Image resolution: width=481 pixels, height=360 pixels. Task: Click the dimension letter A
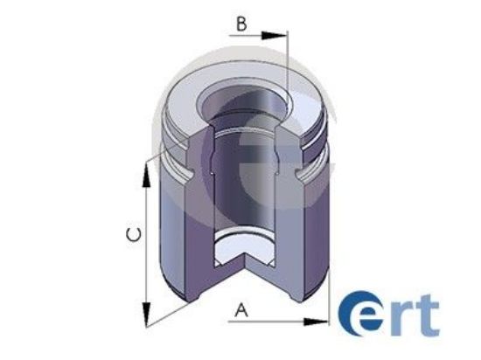click(x=241, y=308)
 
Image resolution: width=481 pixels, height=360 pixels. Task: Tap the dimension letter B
click(x=240, y=24)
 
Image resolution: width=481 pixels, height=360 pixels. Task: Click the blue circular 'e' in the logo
click(x=359, y=315)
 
